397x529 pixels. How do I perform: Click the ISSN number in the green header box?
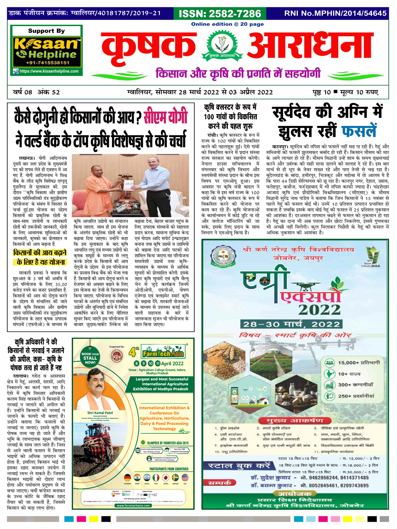tap(219, 13)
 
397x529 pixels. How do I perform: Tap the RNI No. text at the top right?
tap(335, 13)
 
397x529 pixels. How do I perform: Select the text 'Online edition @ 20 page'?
tap(227, 24)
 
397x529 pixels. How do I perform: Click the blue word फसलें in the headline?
tap(359, 131)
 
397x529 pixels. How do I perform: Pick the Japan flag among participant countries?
tap(165, 478)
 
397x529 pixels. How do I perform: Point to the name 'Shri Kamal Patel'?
tap(100, 412)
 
